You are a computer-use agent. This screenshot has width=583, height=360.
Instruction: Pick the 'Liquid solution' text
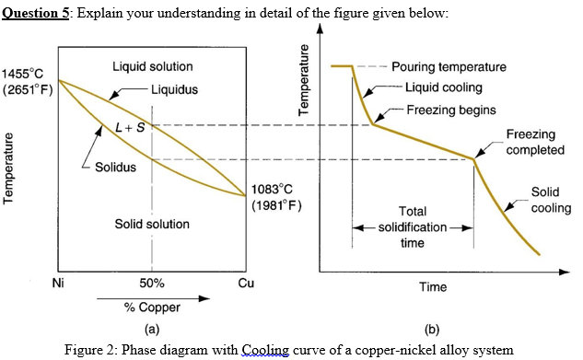(x=152, y=66)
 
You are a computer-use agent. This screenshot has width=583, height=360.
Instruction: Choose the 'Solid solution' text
(x=152, y=224)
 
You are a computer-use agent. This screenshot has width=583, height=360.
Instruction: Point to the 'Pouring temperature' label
(x=449, y=67)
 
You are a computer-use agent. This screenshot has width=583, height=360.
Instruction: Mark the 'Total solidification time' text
(x=413, y=226)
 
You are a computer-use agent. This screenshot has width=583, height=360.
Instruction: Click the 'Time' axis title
(x=432, y=287)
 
